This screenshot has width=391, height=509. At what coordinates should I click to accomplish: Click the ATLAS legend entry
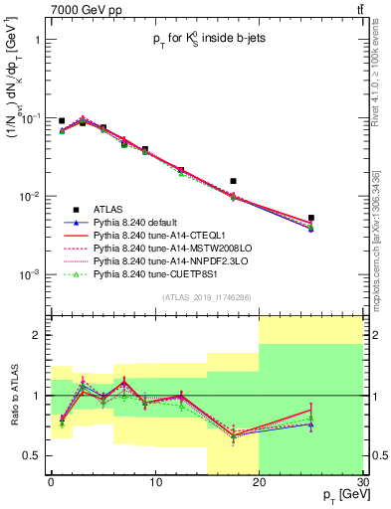tap(109, 209)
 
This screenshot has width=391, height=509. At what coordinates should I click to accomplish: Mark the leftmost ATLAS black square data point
tap(62, 121)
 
